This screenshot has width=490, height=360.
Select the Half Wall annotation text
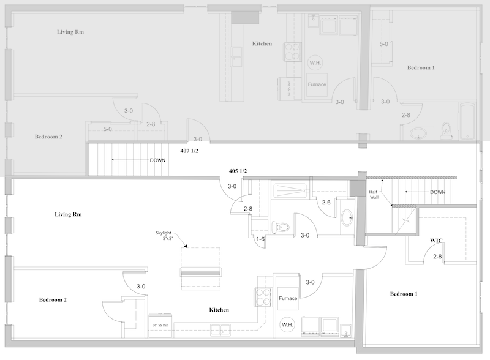point(375,194)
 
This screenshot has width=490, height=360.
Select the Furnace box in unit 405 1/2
point(288,298)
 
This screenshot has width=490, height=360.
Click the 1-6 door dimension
point(261,239)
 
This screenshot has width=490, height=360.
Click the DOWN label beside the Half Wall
point(437,192)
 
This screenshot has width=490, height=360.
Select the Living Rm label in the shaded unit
point(70,32)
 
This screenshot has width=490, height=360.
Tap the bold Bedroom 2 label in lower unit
point(53,300)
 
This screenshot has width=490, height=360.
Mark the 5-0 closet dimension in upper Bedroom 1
point(384,44)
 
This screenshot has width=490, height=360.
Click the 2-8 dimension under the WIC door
point(437,257)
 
